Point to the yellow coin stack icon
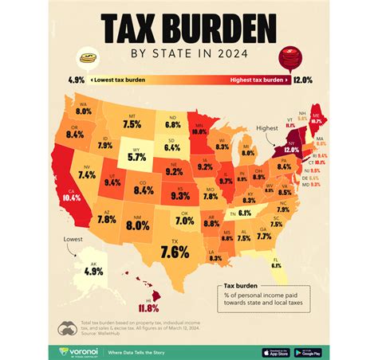(87, 59)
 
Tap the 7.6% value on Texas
(174, 252)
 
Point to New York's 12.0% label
(292, 150)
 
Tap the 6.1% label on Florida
(277, 265)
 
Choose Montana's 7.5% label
(132, 124)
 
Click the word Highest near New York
(266, 128)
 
